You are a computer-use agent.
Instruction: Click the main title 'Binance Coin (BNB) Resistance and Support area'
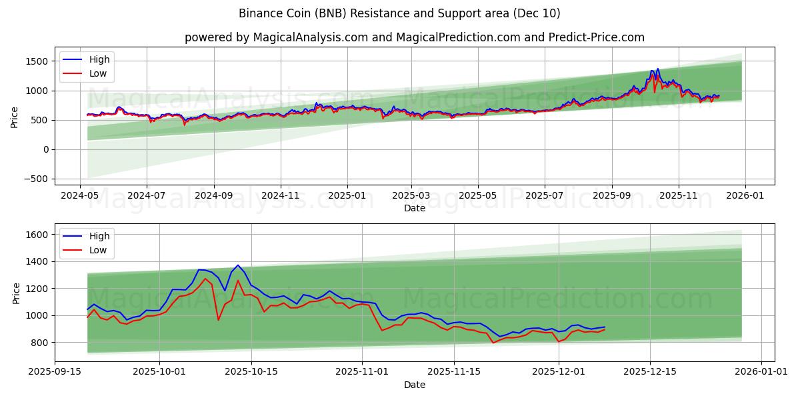(x=399, y=13)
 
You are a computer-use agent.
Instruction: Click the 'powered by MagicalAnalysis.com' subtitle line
(x=414, y=37)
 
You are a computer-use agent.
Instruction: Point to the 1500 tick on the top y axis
(x=37, y=61)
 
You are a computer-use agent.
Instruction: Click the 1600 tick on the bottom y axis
(x=37, y=235)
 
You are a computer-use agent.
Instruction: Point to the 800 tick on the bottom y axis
(x=40, y=343)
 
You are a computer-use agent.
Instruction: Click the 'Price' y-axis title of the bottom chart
(x=16, y=293)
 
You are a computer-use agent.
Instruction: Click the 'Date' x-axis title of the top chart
(x=414, y=209)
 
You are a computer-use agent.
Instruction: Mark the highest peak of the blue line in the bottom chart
(x=237, y=265)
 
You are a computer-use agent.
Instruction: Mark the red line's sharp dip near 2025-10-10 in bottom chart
(x=218, y=320)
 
